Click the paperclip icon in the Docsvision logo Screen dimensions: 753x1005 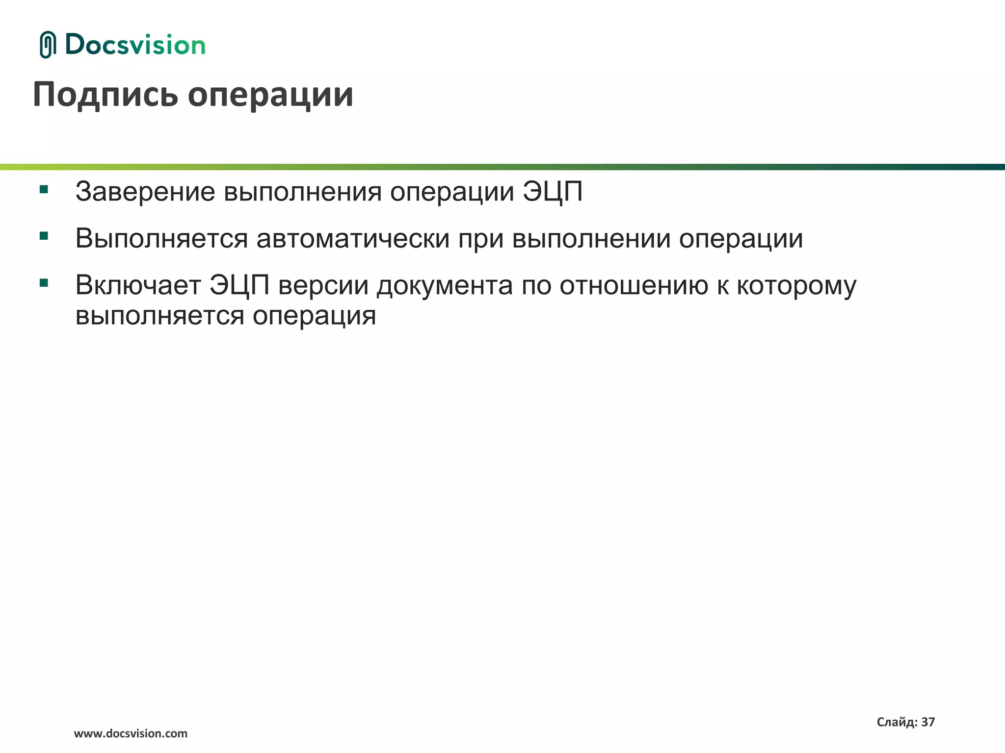[48, 45]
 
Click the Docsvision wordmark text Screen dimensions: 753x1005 [135, 45]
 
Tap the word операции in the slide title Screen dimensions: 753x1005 [270, 95]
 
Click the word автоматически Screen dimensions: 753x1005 [353, 239]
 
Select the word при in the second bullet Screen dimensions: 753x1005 [481, 240]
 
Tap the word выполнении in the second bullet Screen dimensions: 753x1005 [591, 239]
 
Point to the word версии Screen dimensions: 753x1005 [323, 285]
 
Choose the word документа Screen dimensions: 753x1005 [445, 286]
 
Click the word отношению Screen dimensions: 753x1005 [634, 285]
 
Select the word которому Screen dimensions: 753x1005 [796, 286]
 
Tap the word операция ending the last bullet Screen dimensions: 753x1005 [314, 316]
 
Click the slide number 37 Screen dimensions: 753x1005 [928, 722]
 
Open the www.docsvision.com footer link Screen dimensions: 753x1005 [131, 733]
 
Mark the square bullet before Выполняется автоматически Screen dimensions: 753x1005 [44, 236]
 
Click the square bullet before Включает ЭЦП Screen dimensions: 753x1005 [44, 283]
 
